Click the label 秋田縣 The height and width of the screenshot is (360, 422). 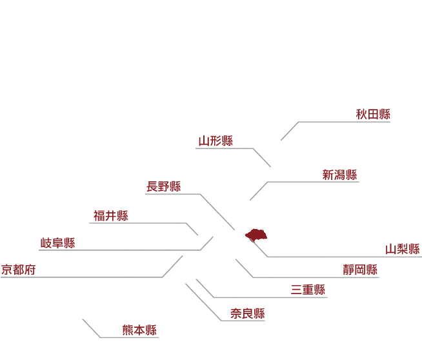(x=373, y=114)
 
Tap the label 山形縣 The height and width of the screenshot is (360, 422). (x=216, y=141)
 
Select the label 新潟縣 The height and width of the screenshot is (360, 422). (x=339, y=175)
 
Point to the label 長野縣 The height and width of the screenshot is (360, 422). (x=164, y=186)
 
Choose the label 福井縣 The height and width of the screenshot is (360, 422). (x=111, y=215)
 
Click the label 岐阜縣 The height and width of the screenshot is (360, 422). (x=57, y=243)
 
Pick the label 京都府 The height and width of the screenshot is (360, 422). (x=18, y=270)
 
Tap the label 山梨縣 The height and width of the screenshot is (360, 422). (x=403, y=249)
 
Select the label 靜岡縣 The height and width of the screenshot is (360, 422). (x=360, y=270)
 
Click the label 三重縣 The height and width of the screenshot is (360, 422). (x=308, y=290)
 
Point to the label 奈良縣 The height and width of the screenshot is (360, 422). (x=248, y=314)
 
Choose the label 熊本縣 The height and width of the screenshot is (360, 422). (x=139, y=330)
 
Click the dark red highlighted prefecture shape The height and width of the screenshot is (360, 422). (x=256, y=235)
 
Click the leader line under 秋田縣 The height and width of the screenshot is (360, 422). (x=336, y=122)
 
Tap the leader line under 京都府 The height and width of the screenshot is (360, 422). (x=92, y=277)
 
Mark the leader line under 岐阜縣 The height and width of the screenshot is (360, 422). (x=126, y=250)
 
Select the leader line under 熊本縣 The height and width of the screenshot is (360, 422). (x=121, y=337)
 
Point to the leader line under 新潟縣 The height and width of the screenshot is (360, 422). (x=304, y=182)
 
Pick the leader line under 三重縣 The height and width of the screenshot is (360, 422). (x=261, y=297)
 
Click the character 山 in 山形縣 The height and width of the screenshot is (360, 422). (x=204, y=141)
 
